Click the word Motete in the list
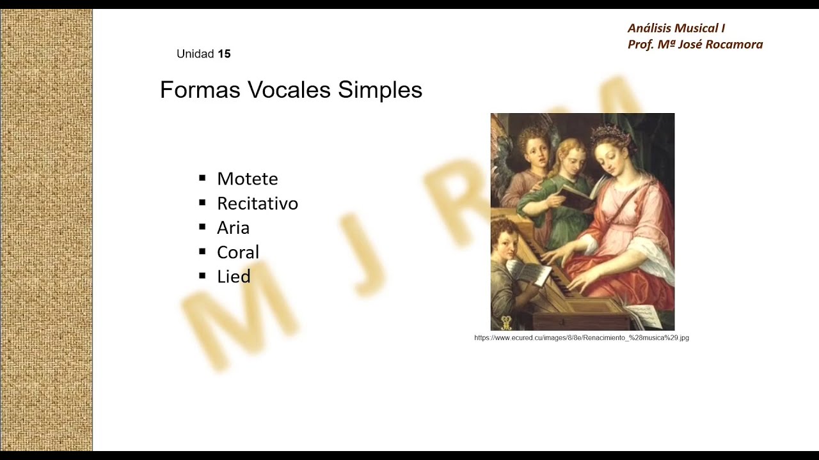pos(247,179)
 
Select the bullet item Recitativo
pos(257,203)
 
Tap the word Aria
pos(233,227)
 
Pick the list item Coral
pos(238,252)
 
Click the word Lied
pos(234,277)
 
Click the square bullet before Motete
pos(202,178)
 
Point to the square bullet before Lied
pos(202,276)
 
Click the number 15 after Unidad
pos(224,54)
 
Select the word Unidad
pos(195,54)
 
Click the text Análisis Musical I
pos(676,28)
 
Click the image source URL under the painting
pos(582,338)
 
